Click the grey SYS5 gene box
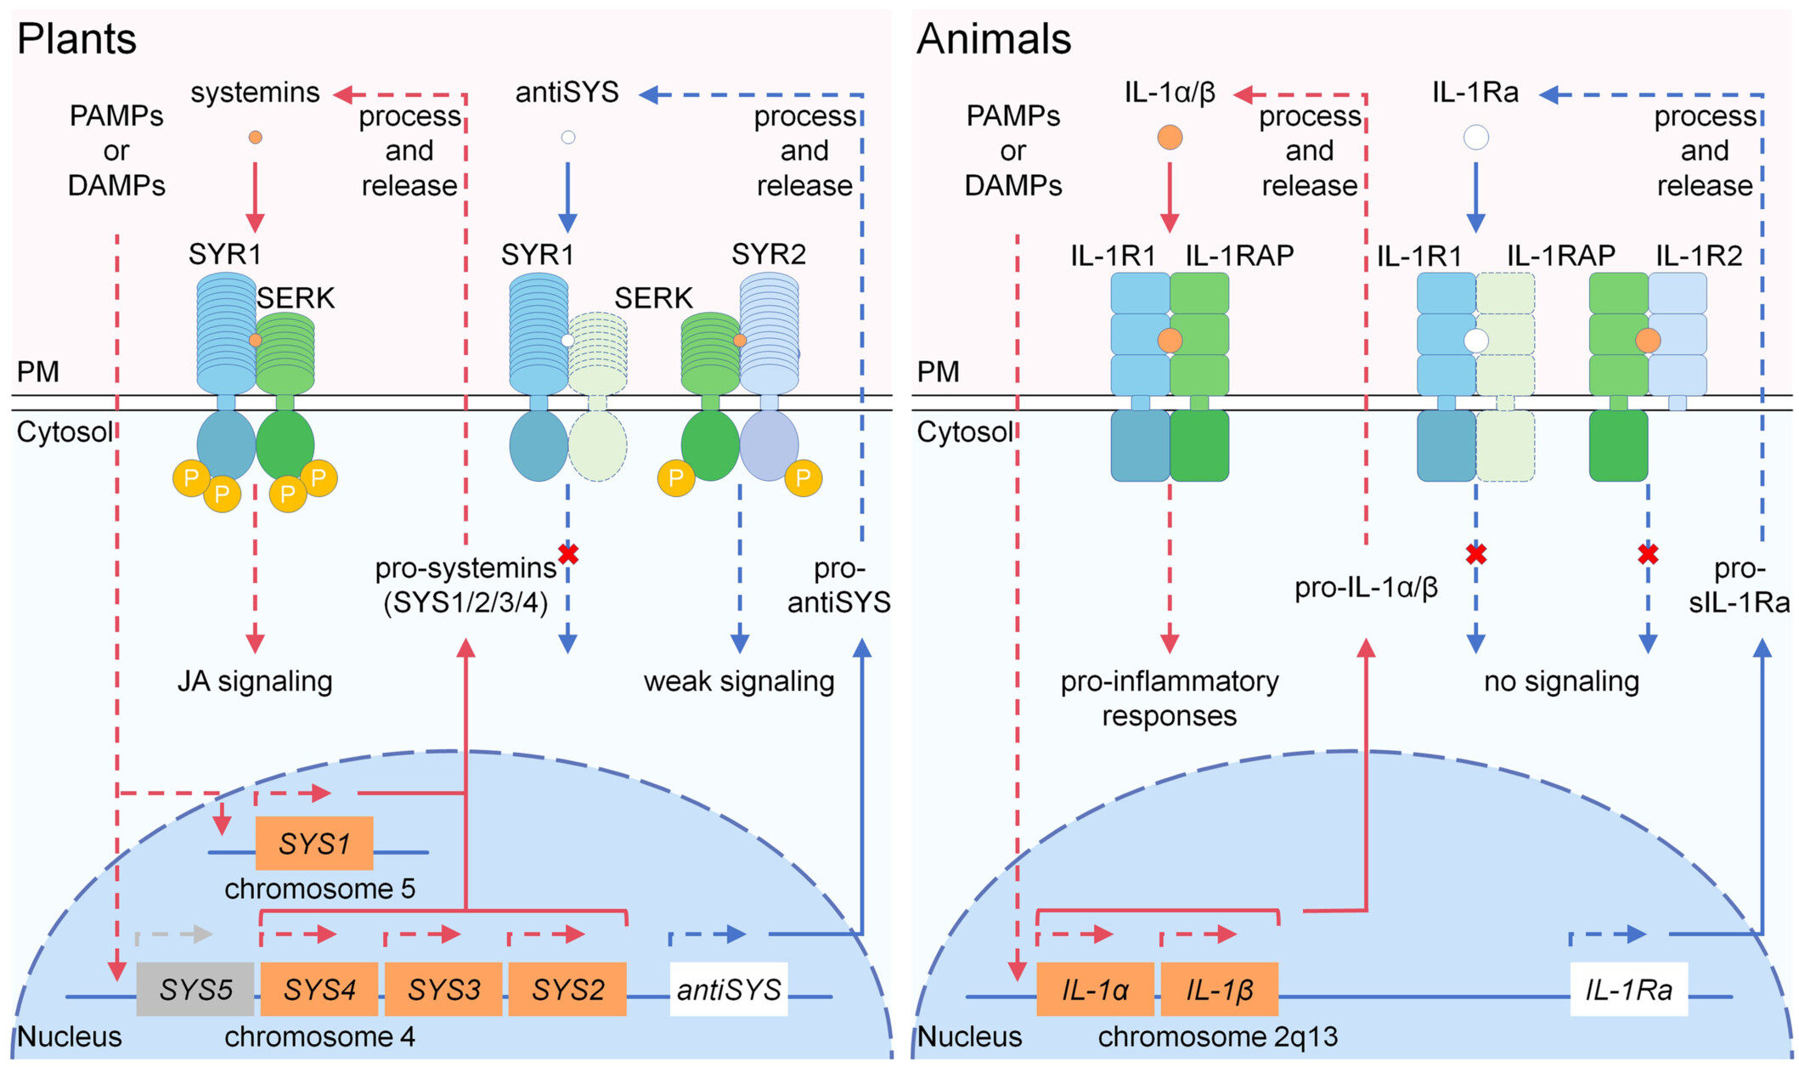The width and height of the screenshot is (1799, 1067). [x=195, y=990]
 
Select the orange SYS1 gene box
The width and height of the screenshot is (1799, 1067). [x=314, y=844]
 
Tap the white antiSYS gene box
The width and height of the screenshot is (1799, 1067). [x=729, y=990]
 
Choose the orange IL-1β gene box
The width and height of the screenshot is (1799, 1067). [x=1219, y=990]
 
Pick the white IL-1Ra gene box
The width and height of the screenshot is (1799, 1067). [x=1628, y=990]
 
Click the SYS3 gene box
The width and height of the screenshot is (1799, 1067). [x=443, y=990]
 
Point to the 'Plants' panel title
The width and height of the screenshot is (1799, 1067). [x=76, y=39]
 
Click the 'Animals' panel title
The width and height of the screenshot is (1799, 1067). [x=994, y=39]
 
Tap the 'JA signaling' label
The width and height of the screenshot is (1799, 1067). [x=255, y=681]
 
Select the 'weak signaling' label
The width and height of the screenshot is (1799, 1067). [x=739, y=681]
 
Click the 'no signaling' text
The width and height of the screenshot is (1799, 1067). [x=1561, y=681]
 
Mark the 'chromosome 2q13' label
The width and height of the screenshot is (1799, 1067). [x=1218, y=1037]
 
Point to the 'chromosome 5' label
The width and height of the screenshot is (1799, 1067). [x=320, y=889]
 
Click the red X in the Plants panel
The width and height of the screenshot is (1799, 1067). [x=568, y=555]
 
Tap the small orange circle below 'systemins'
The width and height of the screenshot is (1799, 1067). [x=255, y=137]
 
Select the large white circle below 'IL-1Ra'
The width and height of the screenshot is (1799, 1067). [x=1476, y=137]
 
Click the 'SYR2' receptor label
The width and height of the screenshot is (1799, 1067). [x=769, y=254]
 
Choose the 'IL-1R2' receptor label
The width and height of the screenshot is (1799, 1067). [x=1699, y=255]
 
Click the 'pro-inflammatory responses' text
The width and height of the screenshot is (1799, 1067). [x=1170, y=698]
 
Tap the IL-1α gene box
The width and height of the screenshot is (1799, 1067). [x=1095, y=990]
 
